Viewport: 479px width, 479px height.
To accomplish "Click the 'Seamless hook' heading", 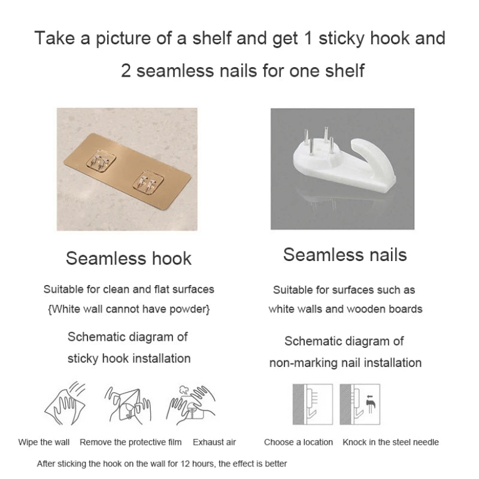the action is [x=129, y=259].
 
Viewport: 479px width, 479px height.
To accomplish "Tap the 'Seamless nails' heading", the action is [x=345, y=254].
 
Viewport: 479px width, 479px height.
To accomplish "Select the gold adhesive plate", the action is [x=128, y=172].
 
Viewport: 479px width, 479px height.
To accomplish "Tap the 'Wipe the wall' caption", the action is [x=44, y=442].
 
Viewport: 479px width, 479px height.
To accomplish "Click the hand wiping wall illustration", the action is [x=65, y=403].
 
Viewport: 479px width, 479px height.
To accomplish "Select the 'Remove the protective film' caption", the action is [x=131, y=442].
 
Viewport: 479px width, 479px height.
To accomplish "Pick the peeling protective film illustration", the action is [x=128, y=405].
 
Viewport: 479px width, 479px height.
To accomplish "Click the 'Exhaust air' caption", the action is [x=214, y=442].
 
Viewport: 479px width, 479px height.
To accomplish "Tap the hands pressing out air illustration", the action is [x=191, y=405].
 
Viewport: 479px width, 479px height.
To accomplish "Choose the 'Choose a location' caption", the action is [x=298, y=442].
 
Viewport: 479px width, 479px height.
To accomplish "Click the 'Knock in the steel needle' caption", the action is [x=391, y=442].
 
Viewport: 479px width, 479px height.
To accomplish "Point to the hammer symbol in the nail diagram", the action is [x=371, y=404].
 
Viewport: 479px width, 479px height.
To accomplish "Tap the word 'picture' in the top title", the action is [x=123, y=39].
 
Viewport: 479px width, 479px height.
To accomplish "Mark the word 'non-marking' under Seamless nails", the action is [x=303, y=363].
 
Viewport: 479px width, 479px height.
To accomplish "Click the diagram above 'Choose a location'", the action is [x=313, y=404].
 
